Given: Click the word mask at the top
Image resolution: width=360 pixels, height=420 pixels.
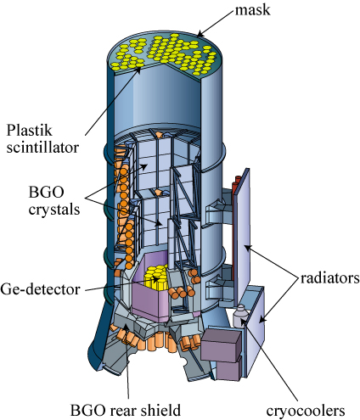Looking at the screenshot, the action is click(x=252, y=10).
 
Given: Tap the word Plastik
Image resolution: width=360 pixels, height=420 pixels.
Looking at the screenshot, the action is click(x=30, y=131).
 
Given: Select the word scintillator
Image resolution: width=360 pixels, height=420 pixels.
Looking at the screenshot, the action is click(x=42, y=148).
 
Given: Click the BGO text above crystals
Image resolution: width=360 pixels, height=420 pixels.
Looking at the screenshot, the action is click(x=47, y=193).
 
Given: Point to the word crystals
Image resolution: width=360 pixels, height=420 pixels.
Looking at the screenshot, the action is click(x=54, y=210).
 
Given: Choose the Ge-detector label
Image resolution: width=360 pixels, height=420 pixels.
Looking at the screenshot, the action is click(x=40, y=289).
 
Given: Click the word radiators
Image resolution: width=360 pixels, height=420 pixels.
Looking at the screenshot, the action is click(x=329, y=278).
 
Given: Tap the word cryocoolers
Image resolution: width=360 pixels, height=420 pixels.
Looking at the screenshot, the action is click(x=306, y=411).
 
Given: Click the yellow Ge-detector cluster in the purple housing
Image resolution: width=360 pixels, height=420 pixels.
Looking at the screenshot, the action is click(x=156, y=277).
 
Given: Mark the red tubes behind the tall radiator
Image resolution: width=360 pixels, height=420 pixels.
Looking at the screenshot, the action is click(x=235, y=227).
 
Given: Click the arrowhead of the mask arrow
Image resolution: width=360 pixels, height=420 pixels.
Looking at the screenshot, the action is click(x=200, y=35).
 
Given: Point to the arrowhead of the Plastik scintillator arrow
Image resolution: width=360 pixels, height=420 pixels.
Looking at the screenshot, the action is click(x=138, y=70).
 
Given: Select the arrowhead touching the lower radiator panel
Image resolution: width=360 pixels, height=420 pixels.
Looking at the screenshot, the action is click(x=262, y=320).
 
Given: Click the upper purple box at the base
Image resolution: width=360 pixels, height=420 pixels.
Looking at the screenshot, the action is click(x=221, y=344).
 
